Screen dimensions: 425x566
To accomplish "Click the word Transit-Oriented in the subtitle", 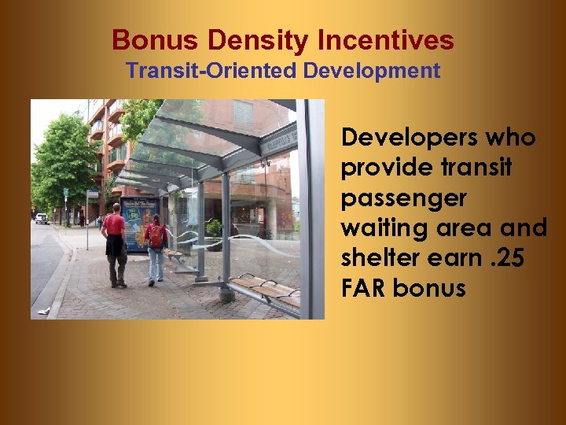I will click(211, 71).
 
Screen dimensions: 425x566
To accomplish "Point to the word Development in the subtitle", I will click(372, 71).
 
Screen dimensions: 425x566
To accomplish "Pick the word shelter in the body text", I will click(378, 258).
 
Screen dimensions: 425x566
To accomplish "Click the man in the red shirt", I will click(115, 240).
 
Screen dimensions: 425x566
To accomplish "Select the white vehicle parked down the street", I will click(42, 218).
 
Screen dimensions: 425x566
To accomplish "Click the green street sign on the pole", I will click(66, 191).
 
